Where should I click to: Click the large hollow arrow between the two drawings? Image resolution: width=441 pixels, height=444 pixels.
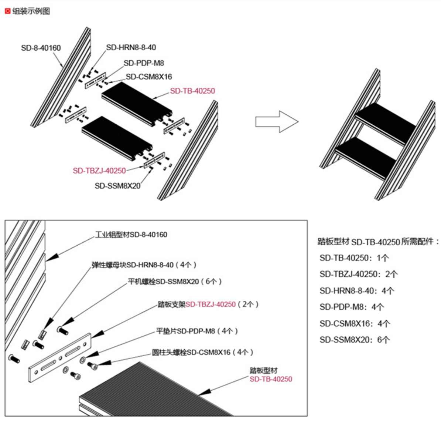(x=276, y=121)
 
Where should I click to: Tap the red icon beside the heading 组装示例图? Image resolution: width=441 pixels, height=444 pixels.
(x=7, y=11)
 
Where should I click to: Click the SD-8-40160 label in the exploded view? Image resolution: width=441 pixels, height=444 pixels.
(x=41, y=48)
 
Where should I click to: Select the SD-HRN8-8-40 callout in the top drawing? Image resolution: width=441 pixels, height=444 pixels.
(x=131, y=47)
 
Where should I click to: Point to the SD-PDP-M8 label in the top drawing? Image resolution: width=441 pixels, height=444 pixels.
(x=144, y=63)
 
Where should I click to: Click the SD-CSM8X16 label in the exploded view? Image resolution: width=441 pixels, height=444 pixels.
(x=149, y=77)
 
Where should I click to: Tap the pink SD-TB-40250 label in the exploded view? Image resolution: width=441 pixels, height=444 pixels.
(x=192, y=91)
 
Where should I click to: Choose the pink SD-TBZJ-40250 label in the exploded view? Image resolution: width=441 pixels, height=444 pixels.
(x=99, y=171)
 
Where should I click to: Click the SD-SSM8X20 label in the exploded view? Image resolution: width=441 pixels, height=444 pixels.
(x=117, y=186)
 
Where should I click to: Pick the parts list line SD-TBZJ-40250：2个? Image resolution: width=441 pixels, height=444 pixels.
(x=359, y=274)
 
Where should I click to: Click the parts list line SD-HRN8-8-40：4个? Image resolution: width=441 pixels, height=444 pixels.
(x=357, y=291)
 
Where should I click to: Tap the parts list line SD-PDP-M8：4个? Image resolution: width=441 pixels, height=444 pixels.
(x=352, y=307)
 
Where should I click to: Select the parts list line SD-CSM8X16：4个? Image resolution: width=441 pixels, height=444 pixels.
(x=355, y=324)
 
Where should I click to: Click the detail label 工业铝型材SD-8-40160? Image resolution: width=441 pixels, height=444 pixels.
(x=131, y=235)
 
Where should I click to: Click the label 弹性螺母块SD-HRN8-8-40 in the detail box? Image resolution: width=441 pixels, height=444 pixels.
(x=144, y=265)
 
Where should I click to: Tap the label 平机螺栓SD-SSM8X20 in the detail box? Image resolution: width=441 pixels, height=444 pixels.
(x=175, y=282)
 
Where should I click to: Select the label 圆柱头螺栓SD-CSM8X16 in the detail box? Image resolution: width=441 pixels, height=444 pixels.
(x=203, y=352)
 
